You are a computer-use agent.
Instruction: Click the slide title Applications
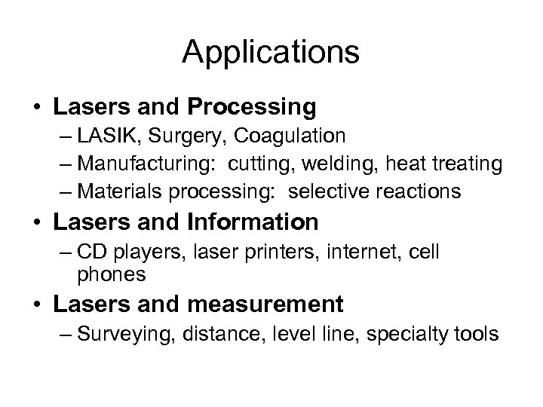point(271,52)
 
